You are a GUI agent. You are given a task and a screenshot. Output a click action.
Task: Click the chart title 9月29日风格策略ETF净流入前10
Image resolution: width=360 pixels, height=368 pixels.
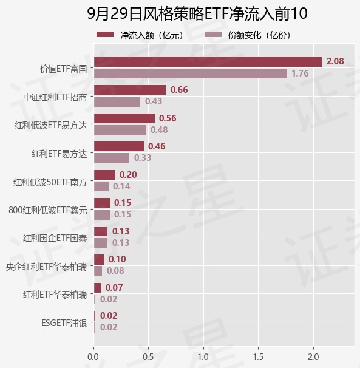coord(197,13)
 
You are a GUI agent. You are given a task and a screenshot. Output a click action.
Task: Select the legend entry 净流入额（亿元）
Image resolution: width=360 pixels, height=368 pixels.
coord(140,35)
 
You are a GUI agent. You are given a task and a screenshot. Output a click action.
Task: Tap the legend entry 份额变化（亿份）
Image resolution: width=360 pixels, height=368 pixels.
coord(248,35)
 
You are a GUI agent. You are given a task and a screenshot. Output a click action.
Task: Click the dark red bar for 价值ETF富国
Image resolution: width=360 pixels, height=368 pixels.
coord(208,62)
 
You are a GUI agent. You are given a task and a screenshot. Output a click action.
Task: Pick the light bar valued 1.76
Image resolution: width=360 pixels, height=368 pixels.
coord(191,73)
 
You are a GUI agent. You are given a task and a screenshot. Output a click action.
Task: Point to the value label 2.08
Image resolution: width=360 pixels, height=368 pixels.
coord(335,61)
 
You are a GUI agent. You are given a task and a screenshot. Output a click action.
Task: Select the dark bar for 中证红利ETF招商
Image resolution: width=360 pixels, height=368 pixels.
coord(130,90)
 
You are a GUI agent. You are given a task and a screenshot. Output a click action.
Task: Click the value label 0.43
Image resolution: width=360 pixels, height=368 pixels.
coord(154,101)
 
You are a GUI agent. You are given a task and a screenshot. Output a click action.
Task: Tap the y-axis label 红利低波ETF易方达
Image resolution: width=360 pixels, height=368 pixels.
coord(50,125)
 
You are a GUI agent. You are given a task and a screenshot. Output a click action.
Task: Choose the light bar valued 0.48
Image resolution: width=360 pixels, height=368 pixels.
coord(120,130)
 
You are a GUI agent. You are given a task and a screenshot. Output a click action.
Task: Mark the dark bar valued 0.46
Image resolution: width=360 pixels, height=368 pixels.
coord(119,146)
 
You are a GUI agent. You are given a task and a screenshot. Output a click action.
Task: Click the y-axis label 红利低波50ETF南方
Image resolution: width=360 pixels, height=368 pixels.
coord(50,182)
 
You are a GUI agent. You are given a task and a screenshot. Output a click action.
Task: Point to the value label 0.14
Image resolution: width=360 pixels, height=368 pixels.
coord(121,186)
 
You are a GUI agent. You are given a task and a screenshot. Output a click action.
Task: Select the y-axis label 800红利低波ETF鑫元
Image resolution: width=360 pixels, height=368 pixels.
coord(47,210)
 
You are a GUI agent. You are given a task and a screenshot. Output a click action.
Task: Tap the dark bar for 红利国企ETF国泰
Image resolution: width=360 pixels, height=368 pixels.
coord(101,231)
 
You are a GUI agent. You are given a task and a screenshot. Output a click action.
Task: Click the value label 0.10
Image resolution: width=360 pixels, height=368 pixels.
coord(117,259)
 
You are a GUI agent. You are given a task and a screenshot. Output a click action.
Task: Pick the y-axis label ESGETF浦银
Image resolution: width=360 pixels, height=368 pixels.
coord(64,323)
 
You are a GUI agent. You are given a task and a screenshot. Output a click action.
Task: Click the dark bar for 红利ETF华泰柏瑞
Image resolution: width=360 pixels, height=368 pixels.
coord(97,288)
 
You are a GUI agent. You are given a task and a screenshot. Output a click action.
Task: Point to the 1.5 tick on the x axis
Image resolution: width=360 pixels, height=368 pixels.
coord(258,357)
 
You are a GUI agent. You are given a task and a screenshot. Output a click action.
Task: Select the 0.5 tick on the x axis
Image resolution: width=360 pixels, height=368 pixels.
coord(148,357)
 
